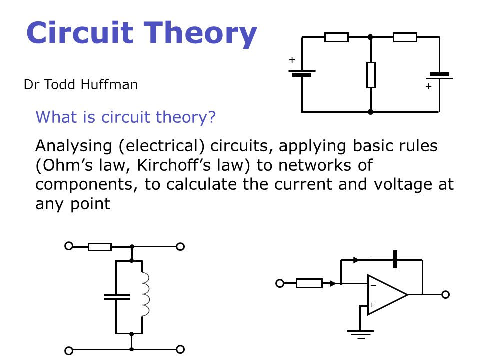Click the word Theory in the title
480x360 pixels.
200,33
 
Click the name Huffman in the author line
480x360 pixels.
109,85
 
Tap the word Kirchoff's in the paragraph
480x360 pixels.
174,165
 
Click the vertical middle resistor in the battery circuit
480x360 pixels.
371,75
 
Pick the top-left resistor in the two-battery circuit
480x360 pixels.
336,37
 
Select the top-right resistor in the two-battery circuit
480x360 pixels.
405,37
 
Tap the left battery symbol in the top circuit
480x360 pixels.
302,73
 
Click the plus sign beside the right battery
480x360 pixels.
428,86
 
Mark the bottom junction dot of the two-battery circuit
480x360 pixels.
370,112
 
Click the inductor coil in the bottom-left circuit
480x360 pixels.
145,294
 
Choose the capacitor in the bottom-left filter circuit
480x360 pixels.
116,297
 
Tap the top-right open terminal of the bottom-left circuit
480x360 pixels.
180,246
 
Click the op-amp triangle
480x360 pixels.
387,295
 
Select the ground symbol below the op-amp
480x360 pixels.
360,335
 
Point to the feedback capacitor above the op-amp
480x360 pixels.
395,259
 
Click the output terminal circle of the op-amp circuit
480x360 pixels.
445,295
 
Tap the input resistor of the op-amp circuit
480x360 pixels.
309,284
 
